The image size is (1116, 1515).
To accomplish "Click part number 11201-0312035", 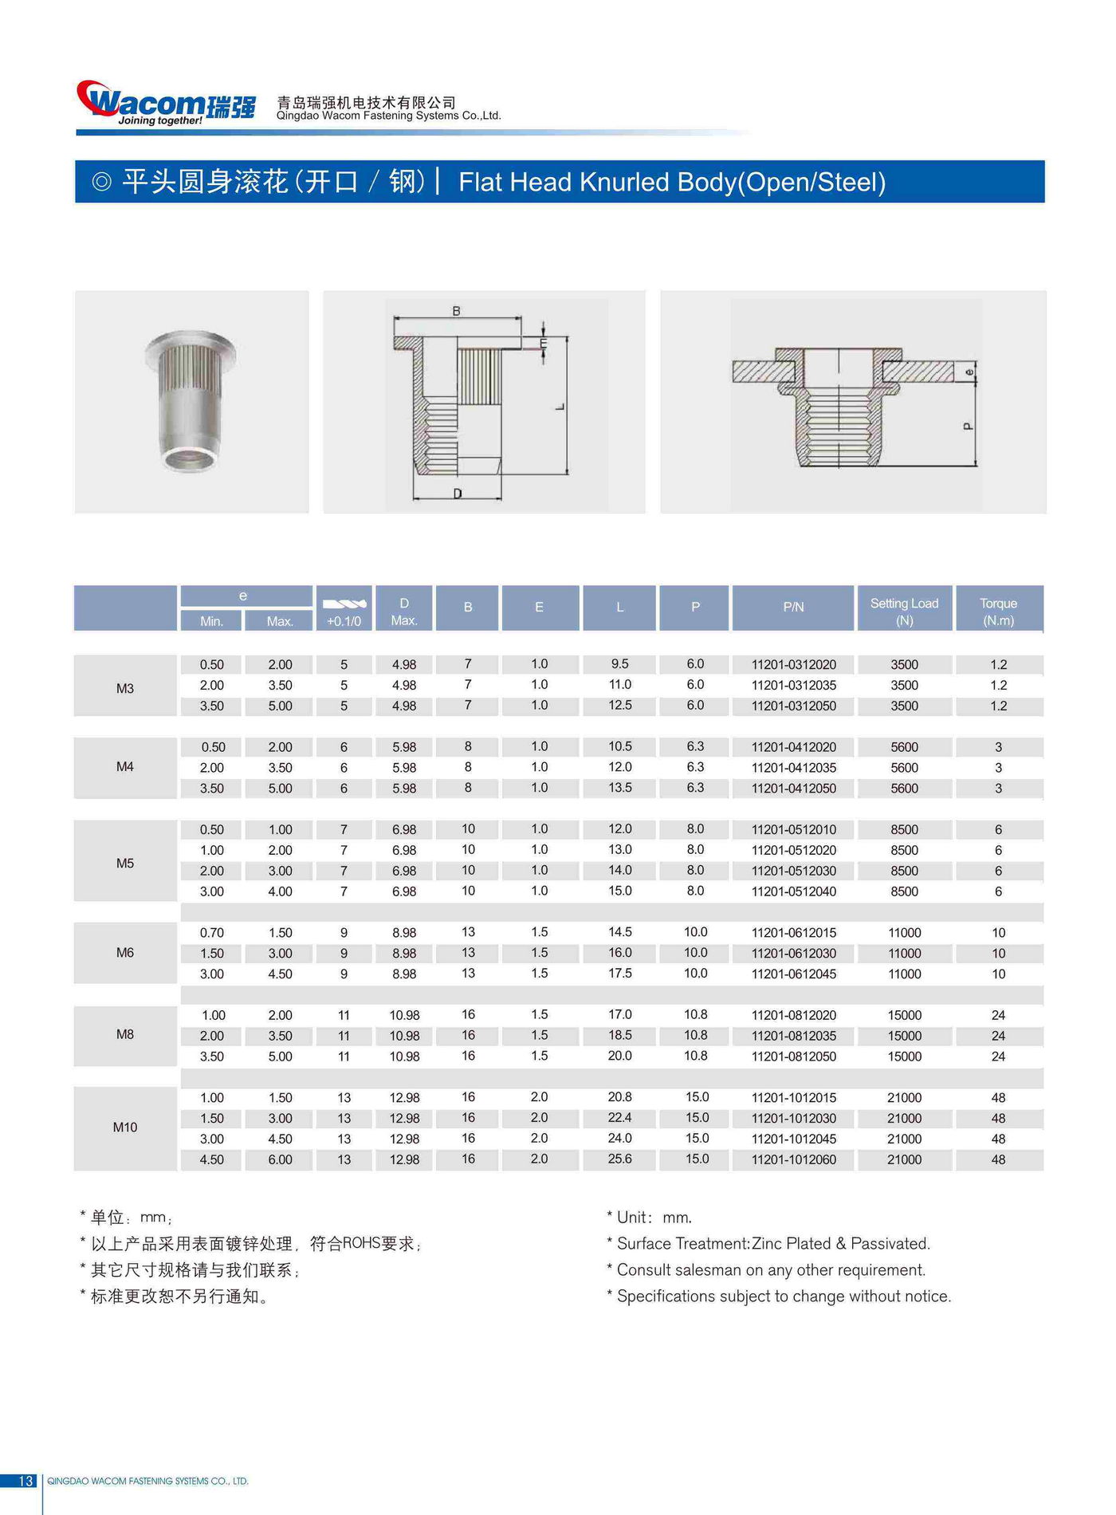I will [793, 685].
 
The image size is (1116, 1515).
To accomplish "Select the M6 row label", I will [125, 952].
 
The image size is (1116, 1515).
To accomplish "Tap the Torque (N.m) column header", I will [998, 611].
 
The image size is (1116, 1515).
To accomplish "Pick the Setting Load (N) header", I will [904, 611].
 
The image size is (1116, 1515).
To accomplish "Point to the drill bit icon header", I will [344, 604].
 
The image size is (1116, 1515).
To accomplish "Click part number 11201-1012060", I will [793, 1159].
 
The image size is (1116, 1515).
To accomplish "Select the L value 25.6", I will [619, 1159].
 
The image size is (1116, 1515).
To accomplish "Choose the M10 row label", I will [125, 1127].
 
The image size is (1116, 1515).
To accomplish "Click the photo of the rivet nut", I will [191, 402].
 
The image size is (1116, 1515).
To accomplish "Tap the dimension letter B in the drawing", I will [456, 311].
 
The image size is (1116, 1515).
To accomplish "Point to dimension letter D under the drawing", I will [458, 494].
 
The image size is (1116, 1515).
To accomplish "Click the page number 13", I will [26, 1481].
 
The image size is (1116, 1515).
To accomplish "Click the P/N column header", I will [793, 608].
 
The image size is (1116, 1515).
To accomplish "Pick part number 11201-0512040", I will [793, 891].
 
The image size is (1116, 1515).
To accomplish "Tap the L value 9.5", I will [619, 663].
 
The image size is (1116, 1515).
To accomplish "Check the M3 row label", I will [125, 688].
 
